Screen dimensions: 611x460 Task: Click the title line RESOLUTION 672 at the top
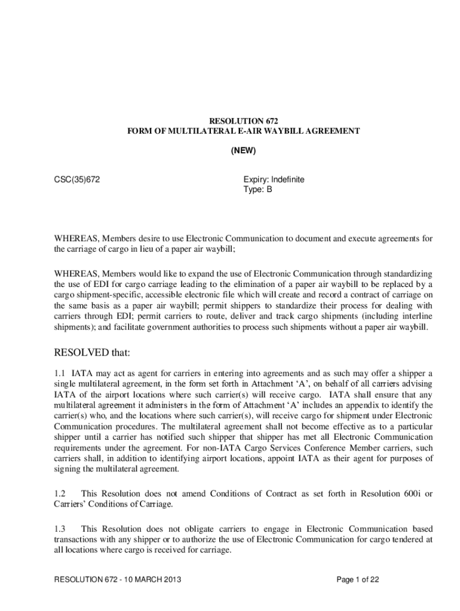click(x=243, y=120)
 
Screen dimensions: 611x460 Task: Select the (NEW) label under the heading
click(x=243, y=151)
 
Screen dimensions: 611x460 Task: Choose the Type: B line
click(x=257, y=189)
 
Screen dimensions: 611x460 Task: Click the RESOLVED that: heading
click(x=92, y=353)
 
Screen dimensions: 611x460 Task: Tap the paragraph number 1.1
click(x=60, y=373)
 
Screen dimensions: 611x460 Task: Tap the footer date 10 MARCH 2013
click(x=148, y=580)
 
